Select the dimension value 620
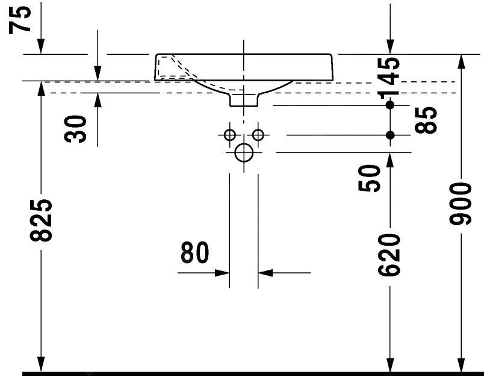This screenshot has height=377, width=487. (389, 255)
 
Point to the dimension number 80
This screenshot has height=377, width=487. (194, 254)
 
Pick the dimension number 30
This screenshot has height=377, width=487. (77, 128)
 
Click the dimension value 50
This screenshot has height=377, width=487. (369, 178)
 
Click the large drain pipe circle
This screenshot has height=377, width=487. (244, 153)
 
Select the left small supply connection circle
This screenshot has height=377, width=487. (229, 135)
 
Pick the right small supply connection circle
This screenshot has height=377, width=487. (258, 135)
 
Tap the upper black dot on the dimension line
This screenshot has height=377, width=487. (390, 105)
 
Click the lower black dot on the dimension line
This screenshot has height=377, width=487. (390, 135)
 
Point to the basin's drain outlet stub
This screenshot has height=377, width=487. (243, 99)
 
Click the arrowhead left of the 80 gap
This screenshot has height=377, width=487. (223, 273)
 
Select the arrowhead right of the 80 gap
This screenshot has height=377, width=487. (265, 273)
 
